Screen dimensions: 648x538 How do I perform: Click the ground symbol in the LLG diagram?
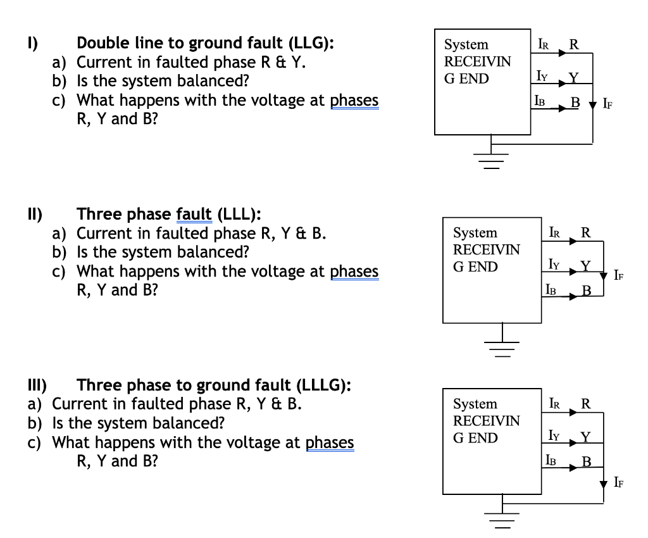point(491,161)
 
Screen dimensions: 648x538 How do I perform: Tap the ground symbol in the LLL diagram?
point(502,349)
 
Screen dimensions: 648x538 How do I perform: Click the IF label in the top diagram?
point(607,103)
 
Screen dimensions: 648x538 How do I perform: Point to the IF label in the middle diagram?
point(619,275)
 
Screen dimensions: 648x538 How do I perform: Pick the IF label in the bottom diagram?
point(619,482)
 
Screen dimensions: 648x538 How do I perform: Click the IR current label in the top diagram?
point(544,44)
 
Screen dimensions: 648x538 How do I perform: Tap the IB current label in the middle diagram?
point(551,289)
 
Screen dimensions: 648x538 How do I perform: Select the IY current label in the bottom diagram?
point(554,435)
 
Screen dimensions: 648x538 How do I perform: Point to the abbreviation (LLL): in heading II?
point(239,214)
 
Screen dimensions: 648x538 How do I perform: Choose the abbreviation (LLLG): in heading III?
point(324,385)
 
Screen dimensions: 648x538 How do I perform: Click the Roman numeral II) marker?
point(35,214)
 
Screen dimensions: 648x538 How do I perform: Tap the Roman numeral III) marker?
point(37,385)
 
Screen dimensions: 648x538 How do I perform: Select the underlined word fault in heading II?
point(194,214)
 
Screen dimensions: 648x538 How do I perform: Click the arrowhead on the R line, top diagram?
point(563,53)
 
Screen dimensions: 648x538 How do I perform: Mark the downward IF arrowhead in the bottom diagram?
point(603,484)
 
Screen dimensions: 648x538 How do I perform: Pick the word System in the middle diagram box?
point(475,233)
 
